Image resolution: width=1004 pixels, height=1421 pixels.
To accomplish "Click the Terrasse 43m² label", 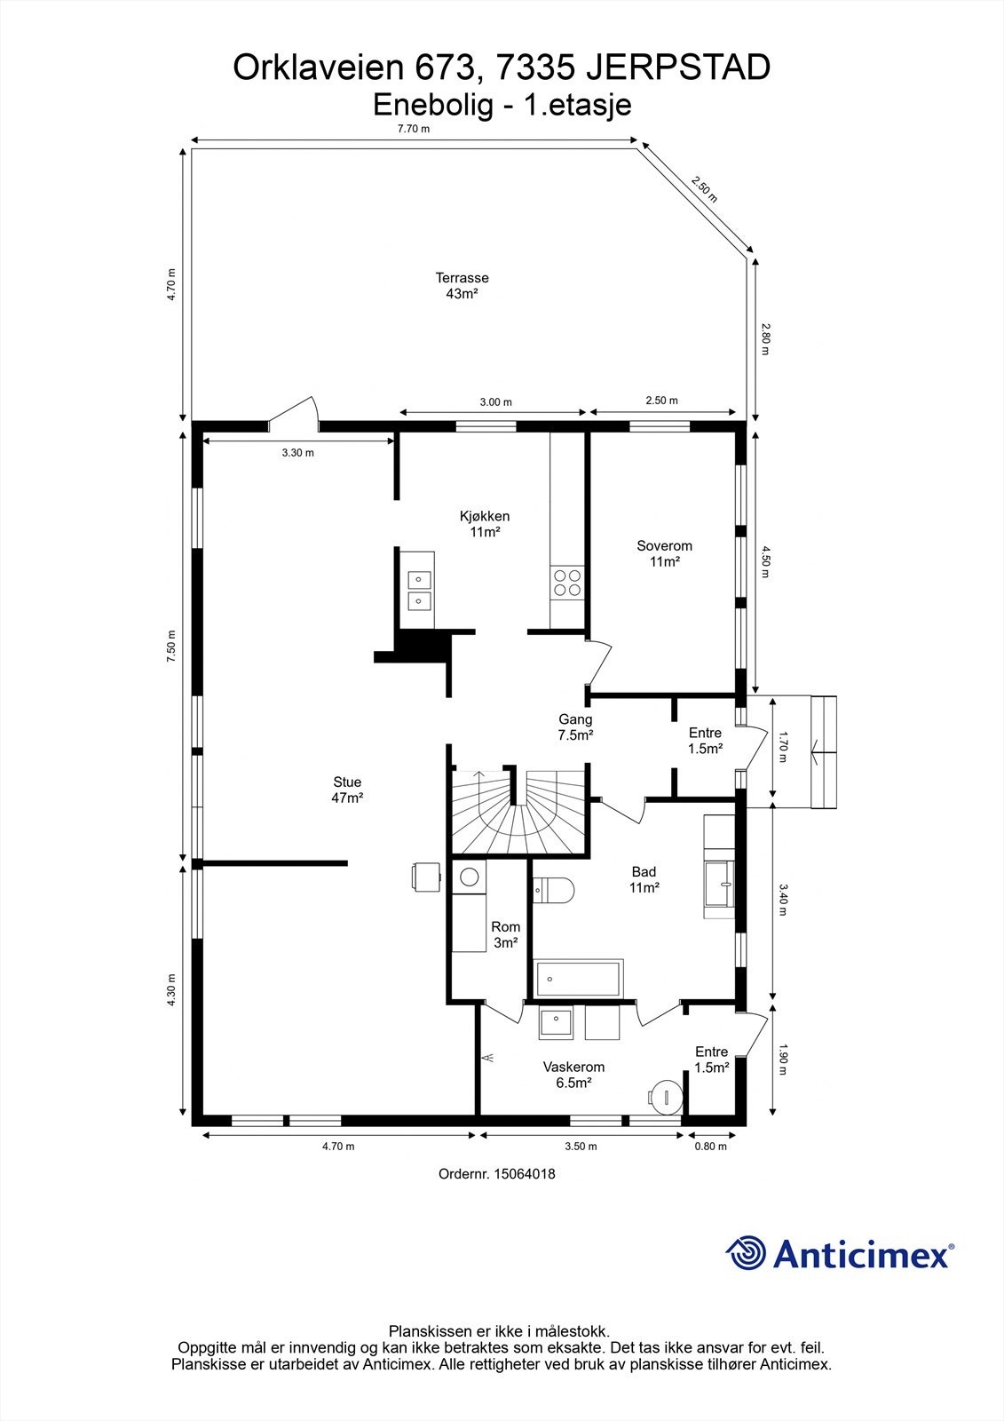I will point(462,286).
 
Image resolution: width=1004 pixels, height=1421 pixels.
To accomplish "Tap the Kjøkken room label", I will point(485,524).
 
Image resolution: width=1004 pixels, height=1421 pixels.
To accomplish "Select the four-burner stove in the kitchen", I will point(567,582).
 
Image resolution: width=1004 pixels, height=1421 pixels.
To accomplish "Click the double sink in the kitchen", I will point(418,591).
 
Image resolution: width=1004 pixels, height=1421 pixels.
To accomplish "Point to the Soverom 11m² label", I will point(664,553).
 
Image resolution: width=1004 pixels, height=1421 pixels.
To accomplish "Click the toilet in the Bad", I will point(554,889).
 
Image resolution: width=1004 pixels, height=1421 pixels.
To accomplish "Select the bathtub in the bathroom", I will point(579,978).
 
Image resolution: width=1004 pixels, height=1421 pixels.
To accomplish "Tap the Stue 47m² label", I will point(347,790).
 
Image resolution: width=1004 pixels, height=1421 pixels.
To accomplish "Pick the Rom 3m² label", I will point(505,934).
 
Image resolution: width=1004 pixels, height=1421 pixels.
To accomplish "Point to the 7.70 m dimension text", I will point(413,129).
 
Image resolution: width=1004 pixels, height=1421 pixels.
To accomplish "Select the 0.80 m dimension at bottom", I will point(710,1147).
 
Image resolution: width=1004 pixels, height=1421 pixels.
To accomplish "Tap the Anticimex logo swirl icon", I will point(747,1254).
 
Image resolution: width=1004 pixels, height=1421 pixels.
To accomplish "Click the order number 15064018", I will point(497,1173).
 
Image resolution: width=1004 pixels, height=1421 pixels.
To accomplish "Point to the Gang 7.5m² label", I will point(575,727).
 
